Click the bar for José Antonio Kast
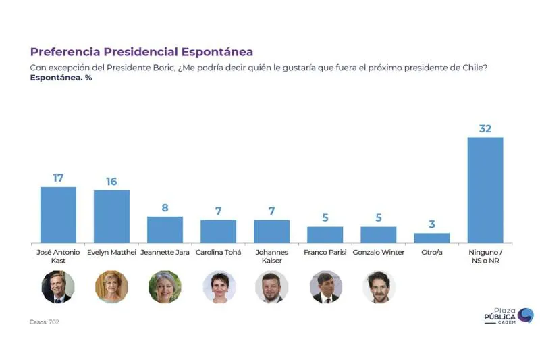[58, 215]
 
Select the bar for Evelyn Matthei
[111, 216]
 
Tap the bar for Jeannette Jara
[165, 230]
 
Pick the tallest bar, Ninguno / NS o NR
[485, 190]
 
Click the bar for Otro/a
[432, 238]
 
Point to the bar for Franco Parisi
[325, 234]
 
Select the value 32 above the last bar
[485, 128]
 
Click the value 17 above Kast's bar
[58, 178]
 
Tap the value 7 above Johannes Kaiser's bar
[272, 211]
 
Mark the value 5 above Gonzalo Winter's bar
[379, 217]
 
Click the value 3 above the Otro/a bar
[432, 224]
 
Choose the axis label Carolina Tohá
[219, 253]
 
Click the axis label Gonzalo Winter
[379, 253]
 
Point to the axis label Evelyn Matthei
[111, 253]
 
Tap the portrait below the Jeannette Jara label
[165, 287]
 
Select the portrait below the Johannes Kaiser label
[272, 287]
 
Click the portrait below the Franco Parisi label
[325, 287]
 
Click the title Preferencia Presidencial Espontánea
[142, 52]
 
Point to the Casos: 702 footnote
[45, 322]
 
